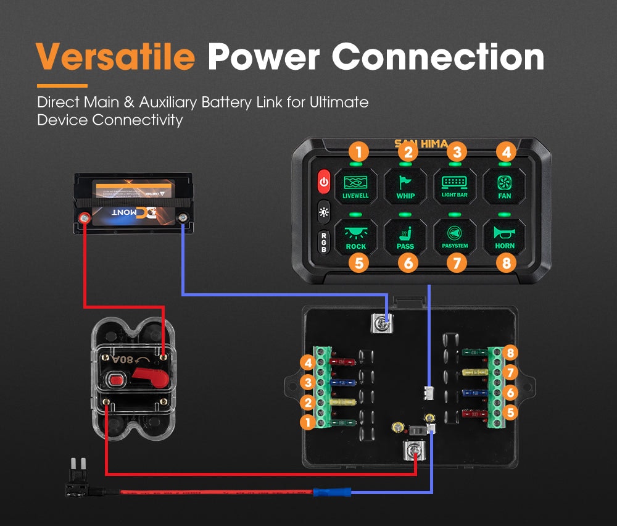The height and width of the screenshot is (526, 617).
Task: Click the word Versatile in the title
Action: coord(115,56)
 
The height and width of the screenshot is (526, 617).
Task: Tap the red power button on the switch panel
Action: coord(324,182)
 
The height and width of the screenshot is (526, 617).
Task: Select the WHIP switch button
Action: coord(405,185)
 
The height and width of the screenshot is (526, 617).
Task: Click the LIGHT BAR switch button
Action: coord(455,185)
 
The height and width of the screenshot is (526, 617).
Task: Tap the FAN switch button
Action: coord(504,185)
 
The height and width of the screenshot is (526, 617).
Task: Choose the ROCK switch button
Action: coord(355,238)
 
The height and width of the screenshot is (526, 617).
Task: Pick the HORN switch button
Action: coord(504,238)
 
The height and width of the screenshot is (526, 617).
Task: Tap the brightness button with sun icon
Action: coord(324,212)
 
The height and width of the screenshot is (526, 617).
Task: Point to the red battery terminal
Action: coord(85,217)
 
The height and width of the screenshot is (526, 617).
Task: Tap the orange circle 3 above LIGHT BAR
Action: coord(456,151)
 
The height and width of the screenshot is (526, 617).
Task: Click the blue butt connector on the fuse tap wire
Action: coord(332,492)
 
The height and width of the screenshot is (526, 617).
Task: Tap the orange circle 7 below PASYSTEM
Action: coord(457,264)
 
